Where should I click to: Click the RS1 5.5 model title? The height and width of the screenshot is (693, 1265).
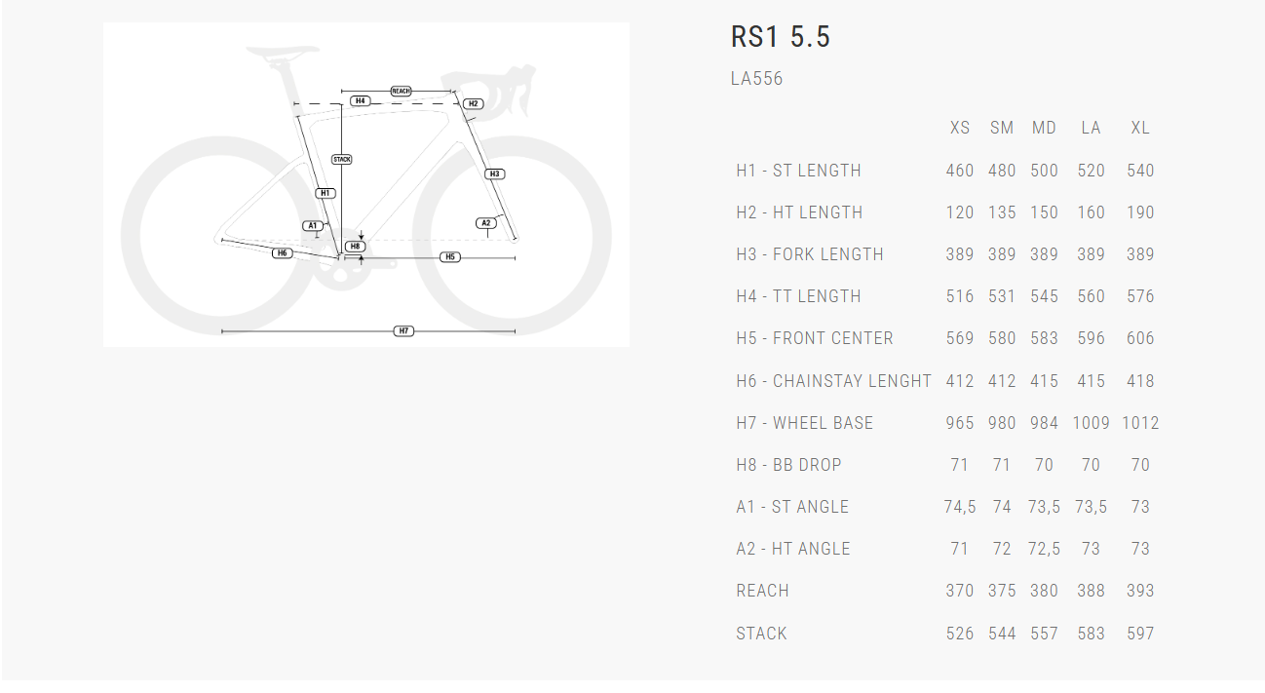click(x=780, y=37)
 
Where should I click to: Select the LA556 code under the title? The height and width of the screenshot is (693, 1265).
click(x=756, y=79)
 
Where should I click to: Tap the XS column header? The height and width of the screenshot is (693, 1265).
click(x=960, y=128)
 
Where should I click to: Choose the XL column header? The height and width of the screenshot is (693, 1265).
click(x=1140, y=128)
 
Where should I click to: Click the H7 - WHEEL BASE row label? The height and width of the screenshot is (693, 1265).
click(x=804, y=423)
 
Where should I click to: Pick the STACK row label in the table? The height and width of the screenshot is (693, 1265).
click(x=761, y=634)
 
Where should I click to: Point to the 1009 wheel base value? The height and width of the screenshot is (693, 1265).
click(x=1091, y=423)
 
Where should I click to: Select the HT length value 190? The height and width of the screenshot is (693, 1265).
click(x=1140, y=212)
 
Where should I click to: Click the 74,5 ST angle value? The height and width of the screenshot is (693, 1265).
click(x=960, y=507)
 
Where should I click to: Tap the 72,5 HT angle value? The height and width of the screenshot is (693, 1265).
click(x=1044, y=549)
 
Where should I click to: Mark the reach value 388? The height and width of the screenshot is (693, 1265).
click(x=1091, y=591)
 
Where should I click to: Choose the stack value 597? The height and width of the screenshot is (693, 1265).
click(x=1140, y=634)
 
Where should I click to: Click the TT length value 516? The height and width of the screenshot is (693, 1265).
click(x=960, y=296)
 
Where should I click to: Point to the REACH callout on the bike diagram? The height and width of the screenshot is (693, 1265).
click(x=401, y=91)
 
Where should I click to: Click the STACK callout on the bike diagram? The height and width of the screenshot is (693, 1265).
click(x=341, y=159)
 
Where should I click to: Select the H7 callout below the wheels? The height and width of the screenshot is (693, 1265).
click(x=403, y=331)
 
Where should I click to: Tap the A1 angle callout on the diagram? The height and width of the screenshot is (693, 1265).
click(x=313, y=225)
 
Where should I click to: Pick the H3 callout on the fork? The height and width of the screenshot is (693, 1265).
click(x=494, y=174)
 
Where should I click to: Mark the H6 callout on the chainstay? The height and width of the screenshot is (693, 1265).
click(x=282, y=253)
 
